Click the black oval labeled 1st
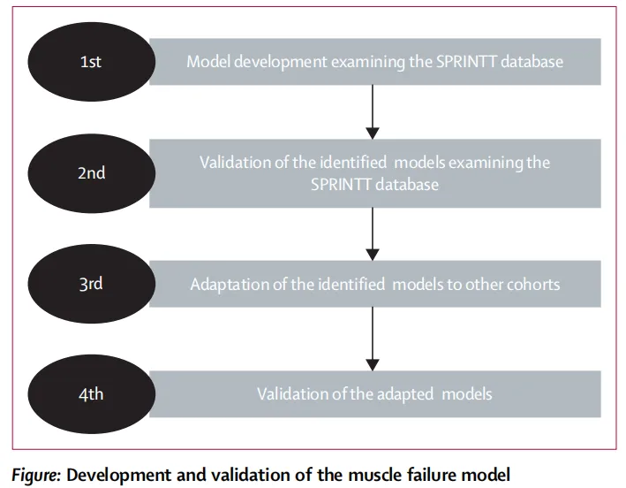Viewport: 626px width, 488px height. pos(92,62)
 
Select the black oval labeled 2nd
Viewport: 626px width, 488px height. pos(92,173)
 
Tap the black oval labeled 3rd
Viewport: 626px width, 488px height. pos(92,284)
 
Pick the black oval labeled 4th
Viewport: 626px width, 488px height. pos(92,394)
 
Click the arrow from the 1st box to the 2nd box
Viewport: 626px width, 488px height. pos(373,112)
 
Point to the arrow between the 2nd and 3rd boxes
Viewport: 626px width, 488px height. pos(373,234)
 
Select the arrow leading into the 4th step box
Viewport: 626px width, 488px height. pos(373,339)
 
